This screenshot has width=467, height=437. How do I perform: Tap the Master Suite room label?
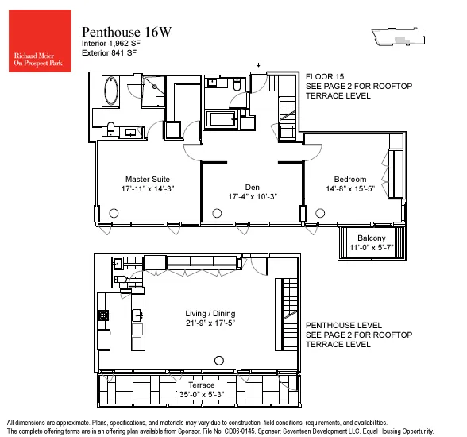(149, 180)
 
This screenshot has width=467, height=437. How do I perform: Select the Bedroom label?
(349, 180)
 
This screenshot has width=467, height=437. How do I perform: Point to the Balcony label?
(371, 238)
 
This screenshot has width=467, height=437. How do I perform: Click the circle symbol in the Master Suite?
(114, 212)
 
